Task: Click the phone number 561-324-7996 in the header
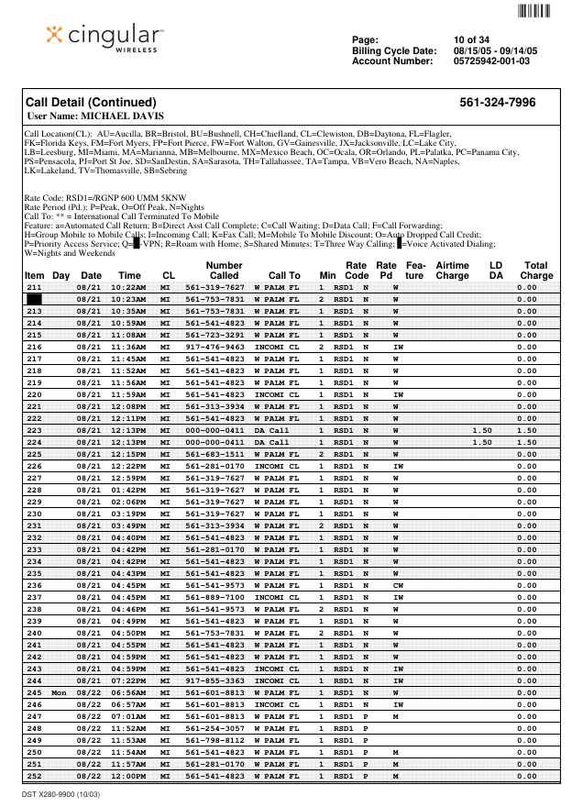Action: click(x=497, y=103)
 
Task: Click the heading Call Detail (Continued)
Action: click(x=91, y=103)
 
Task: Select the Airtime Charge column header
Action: click(x=452, y=270)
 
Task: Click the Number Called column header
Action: click(x=224, y=270)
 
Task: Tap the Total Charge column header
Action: click(x=535, y=270)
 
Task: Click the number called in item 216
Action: click(x=214, y=348)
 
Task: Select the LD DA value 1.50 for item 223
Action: click(x=482, y=430)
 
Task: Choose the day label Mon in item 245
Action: click(x=59, y=692)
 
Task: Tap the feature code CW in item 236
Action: click(x=398, y=585)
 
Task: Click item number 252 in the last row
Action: click(x=34, y=776)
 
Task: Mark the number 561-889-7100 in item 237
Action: click(x=214, y=597)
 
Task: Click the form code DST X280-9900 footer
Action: click(x=62, y=794)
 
